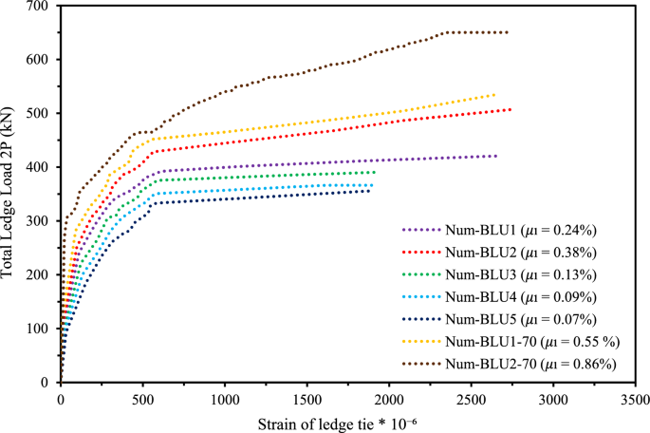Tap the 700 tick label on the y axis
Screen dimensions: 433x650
tap(39, 7)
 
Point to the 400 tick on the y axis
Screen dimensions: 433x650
tap(39, 167)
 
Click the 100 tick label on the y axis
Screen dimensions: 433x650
tap(39, 329)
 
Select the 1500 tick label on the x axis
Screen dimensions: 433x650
tap(306, 395)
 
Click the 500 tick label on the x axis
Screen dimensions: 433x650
tap(142, 395)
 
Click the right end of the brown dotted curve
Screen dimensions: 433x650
tap(507, 32)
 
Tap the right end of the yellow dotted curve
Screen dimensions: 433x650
tap(494, 94)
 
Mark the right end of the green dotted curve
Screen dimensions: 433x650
tap(375, 172)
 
